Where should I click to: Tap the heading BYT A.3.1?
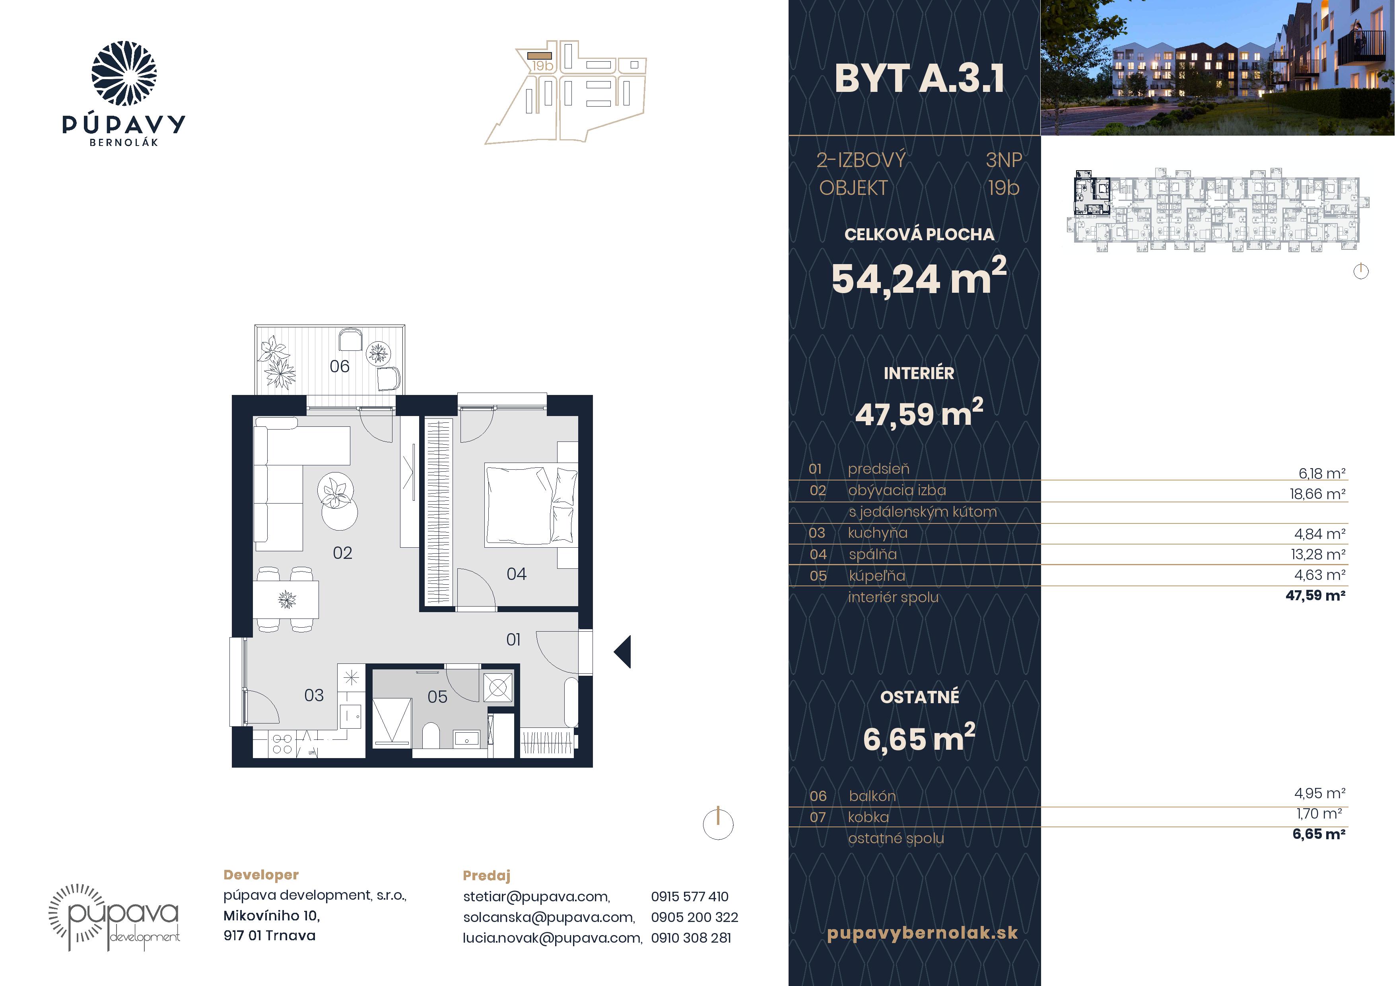[x=919, y=79]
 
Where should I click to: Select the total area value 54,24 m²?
[x=919, y=277]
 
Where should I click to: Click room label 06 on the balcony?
[x=340, y=366]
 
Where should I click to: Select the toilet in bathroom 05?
[x=431, y=735]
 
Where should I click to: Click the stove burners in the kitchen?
[x=282, y=744]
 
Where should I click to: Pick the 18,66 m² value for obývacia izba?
[x=1317, y=494]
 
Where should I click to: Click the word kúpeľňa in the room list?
[x=877, y=575]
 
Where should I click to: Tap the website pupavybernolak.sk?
[x=922, y=933]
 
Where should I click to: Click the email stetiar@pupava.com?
[x=536, y=897]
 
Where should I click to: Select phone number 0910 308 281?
[x=691, y=937]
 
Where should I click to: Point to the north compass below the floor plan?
[x=718, y=824]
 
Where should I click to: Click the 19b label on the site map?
[x=542, y=66]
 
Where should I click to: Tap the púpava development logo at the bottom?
[x=114, y=917]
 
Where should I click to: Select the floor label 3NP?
[x=1003, y=160]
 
